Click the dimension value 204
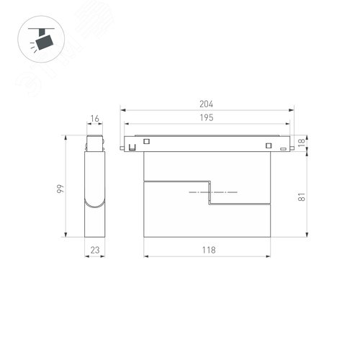click(x=207, y=103)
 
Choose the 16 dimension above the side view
click(x=96, y=120)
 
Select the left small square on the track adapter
click(x=146, y=141)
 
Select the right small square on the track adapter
click(x=268, y=147)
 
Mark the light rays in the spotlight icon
click(x=32, y=46)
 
